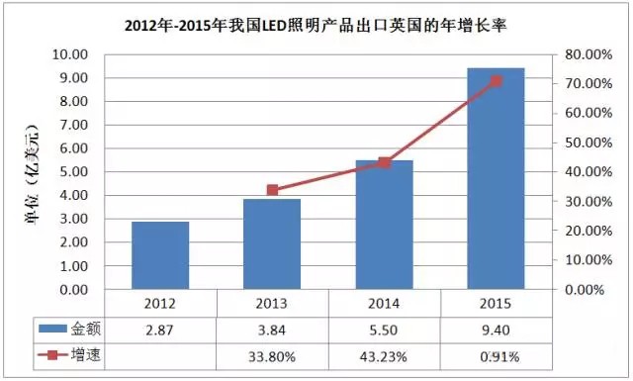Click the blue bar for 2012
[x=160, y=255]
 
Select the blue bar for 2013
[x=272, y=244]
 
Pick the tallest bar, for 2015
[x=496, y=179]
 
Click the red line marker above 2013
[x=273, y=190]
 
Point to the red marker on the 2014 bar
[x=385, y=162]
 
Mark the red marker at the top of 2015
[x=497, y=81]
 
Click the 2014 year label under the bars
[x=385, y=303]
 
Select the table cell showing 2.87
[x=160, y=329]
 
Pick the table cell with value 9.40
[x=496, y=329]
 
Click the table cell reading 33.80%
[x=272, y=355]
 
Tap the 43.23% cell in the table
[x=385, y=355]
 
